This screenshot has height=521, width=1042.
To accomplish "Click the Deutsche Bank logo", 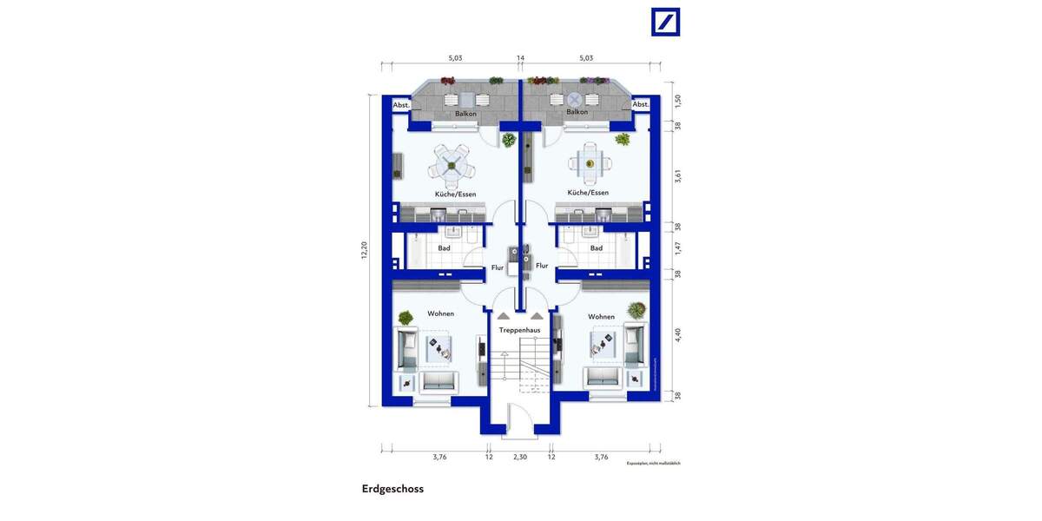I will click(x=666, y=22).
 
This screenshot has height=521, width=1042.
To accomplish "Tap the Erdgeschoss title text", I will click(x=392, y=489).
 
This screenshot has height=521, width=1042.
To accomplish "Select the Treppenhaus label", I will click(x=520, y=331).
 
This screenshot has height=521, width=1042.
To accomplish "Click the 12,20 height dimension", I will click(x=365, y=250).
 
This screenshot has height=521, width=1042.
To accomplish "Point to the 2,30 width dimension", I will click(x=520, y=457).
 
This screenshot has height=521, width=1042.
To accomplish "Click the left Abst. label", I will click(x=400, y=105).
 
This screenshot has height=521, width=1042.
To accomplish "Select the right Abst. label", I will click(x=640, y=105).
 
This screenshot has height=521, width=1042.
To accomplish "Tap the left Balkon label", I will click(x=465, y=113).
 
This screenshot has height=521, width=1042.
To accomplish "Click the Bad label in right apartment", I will click(x=597, y=248).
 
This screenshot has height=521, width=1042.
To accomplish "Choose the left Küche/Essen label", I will click(x=455, y=194).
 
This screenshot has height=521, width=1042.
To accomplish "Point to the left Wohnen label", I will click(x=440, y=313).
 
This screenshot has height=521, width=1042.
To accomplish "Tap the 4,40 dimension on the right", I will click(x=678, y=334).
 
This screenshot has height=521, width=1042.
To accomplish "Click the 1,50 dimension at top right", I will click(x=678, y=100).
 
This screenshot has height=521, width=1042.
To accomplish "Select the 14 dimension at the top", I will click(x=520, y=58).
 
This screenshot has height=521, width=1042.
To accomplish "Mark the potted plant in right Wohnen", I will click(x=636, y=309).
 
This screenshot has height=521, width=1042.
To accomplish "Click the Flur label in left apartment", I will click(x=498, y=267).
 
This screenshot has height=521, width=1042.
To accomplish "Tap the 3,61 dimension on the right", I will click(x=678, y=175).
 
